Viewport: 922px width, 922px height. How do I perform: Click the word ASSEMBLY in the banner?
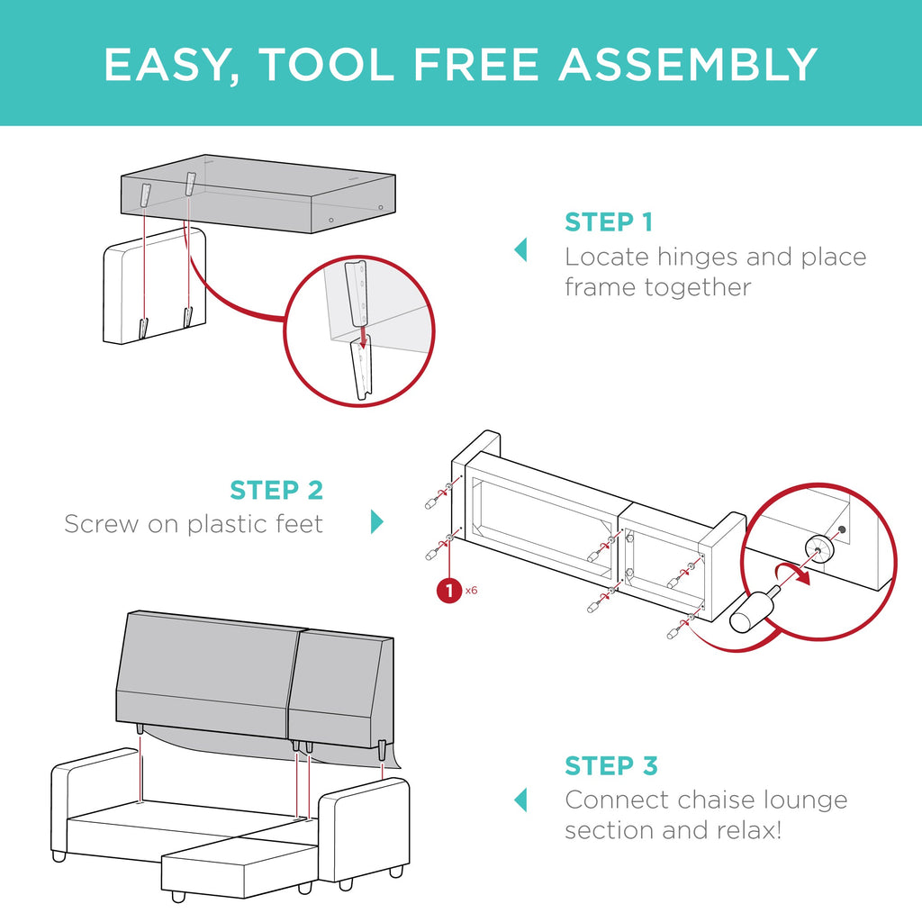688,64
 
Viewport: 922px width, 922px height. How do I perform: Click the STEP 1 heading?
609,222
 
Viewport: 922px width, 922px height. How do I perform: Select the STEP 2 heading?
276,491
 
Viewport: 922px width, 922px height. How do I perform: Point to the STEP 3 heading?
611,766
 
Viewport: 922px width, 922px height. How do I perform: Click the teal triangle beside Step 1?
520,249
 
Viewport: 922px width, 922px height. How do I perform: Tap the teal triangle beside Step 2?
377,521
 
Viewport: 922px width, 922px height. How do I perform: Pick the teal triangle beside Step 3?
520,800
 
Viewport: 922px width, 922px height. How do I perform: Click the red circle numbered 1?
450,591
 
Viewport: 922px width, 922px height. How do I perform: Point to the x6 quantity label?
471,591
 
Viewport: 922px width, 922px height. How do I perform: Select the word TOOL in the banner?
326,64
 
